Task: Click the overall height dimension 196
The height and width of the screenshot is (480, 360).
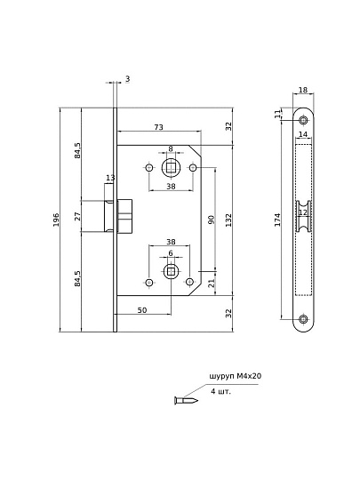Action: pos(56,220)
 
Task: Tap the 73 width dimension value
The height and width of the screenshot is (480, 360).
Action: pos(158,127)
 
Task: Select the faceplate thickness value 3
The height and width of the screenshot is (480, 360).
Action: pos(127,79)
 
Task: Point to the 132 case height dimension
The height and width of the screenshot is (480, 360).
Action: pos(228,220)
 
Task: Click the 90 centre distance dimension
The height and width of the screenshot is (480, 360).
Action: pos(212,220)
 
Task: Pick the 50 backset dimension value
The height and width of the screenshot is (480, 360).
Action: pos(142,310)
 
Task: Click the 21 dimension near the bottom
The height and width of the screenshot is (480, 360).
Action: pos(212,284)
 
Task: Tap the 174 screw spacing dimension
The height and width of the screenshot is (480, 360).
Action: pos(277,220)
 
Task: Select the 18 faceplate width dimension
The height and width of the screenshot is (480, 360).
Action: pos(302,90)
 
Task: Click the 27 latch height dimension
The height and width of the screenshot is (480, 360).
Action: pos(77,216)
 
